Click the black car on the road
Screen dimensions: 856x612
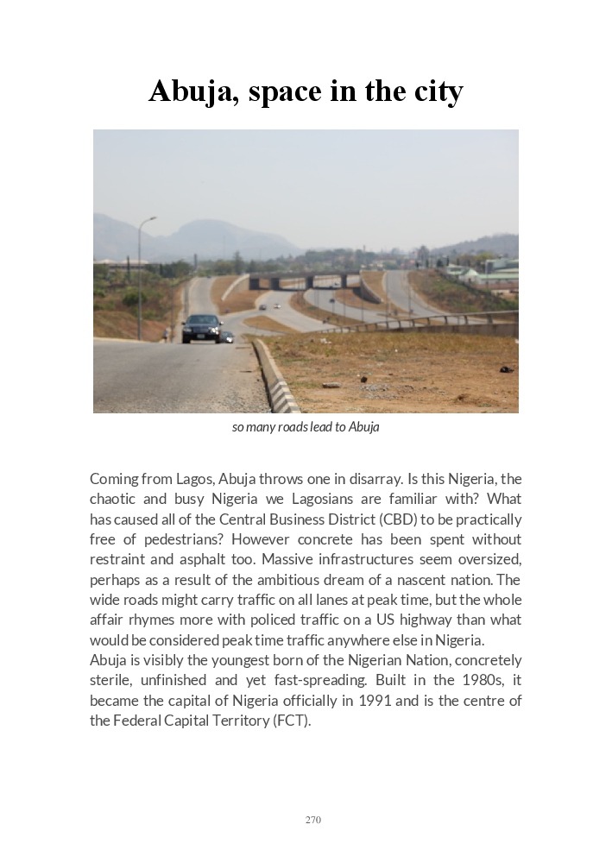202,328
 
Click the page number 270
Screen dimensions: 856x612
312,820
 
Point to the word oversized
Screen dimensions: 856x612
489,560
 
